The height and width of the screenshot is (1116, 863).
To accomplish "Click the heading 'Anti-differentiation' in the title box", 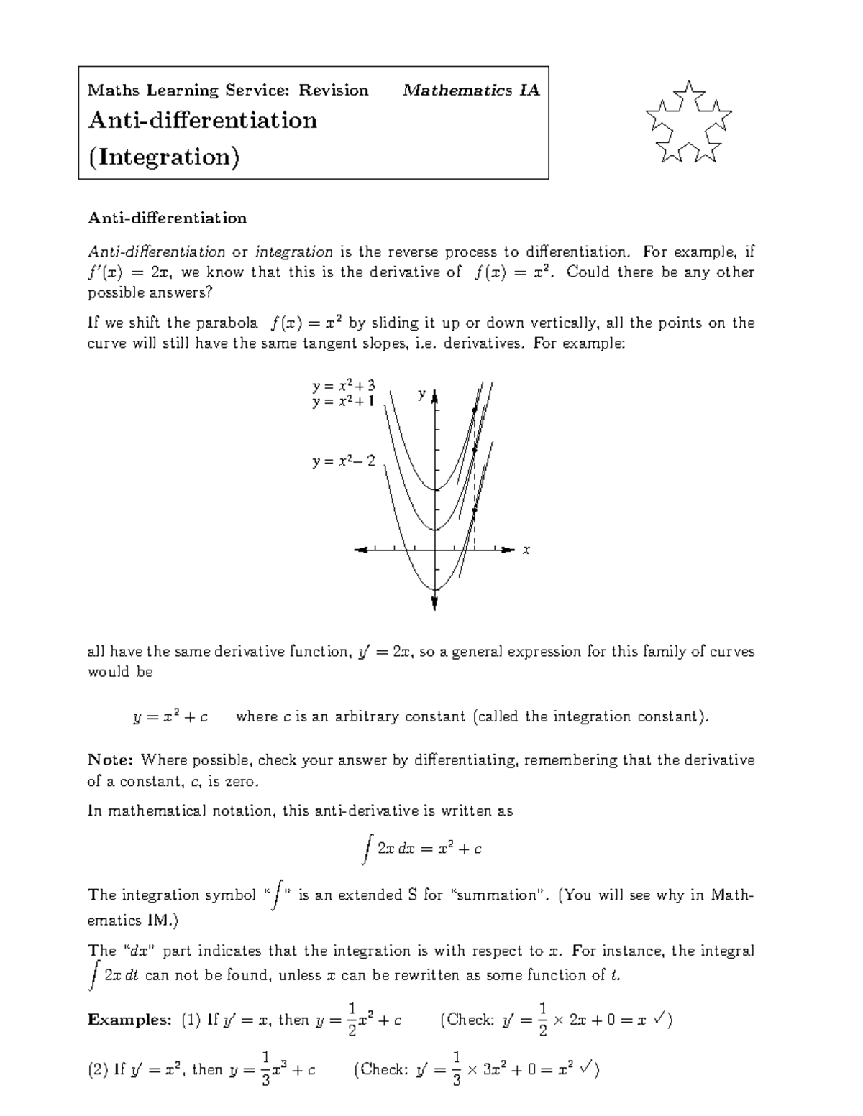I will point(202,120).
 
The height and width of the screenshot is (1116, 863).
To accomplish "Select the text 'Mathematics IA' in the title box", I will point(471,91).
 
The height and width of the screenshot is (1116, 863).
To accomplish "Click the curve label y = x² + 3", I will point(343,387).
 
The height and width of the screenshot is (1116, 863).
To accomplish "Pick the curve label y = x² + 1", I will point(343,402).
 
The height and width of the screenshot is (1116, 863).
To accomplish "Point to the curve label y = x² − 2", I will point(343,461).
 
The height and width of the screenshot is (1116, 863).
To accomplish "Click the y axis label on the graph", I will point(422,394).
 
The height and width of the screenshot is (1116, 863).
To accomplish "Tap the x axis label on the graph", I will point(526,550).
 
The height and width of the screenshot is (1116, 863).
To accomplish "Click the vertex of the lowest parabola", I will point(435,589).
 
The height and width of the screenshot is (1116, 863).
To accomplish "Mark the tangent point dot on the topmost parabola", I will point(474,410).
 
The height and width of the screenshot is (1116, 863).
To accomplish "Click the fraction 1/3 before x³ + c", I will point(265,1069).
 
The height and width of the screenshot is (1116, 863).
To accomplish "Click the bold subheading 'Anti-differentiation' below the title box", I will point(167,218).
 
